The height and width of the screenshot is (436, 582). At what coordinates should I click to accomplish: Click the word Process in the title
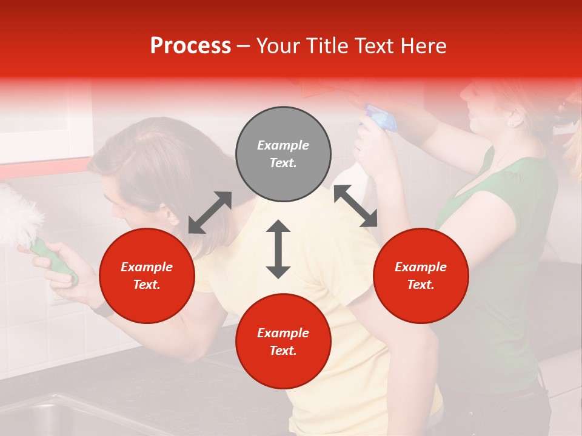(x=190, y=46)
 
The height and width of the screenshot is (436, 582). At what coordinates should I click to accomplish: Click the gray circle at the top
(x=283, y=154)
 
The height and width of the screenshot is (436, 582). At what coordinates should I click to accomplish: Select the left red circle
(x=147, y=276)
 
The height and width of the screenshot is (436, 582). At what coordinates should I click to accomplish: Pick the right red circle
(x=421, y=276)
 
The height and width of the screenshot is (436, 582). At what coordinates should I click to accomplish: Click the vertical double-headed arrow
(x=278, y=249)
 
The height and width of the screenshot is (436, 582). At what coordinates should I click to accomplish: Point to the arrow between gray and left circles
(x=210, y=213)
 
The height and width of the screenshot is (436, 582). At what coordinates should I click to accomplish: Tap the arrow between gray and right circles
(x=355, y=206)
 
